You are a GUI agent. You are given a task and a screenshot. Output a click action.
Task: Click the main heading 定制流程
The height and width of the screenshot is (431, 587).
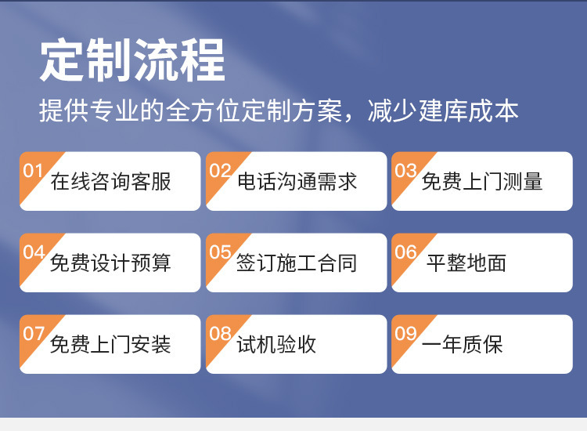tap(132, 60)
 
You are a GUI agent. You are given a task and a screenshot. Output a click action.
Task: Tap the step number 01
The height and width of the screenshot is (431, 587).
tap(34, 170)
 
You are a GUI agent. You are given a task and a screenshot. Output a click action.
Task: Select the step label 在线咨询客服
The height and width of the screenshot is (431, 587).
tap(110, 182)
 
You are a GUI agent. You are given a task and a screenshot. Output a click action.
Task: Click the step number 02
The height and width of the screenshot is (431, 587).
tap(220, 170)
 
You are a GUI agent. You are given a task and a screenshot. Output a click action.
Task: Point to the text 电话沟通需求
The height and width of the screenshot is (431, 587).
tap(297, 182)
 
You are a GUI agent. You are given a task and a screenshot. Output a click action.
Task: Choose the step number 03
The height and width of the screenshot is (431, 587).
tap(405, 170)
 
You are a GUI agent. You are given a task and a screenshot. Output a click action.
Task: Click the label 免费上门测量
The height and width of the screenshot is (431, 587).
tap(482, 182)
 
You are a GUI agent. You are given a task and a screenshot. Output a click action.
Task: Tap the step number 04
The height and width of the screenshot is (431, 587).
tap(34, 252)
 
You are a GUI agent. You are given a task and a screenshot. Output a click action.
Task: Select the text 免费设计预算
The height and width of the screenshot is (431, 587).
tap(110, 263)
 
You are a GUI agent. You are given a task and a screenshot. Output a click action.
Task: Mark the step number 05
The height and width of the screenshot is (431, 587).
tap(220, 252)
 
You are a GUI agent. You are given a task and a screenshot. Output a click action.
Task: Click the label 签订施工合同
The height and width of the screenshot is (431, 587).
tap(297, 263)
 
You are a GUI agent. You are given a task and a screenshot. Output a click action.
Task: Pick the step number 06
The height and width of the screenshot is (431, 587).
tap(405, 252)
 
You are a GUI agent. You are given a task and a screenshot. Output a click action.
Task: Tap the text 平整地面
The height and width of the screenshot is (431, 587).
tap(466, 263)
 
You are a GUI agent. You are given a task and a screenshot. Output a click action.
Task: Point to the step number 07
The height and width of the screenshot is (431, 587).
tap(34, 333)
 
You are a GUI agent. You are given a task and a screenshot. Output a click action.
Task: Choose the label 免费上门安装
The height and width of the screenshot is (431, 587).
tap(110, 345)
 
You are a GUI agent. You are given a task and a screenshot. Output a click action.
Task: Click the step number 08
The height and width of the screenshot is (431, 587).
tap(220, 333)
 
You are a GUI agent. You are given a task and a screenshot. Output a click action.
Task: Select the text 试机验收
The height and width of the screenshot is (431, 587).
tap(276, 345)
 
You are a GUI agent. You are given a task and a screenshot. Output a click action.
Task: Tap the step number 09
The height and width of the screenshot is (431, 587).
tap(405, 333)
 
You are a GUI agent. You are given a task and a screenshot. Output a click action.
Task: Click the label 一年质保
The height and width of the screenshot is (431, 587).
tap(462, 345)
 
